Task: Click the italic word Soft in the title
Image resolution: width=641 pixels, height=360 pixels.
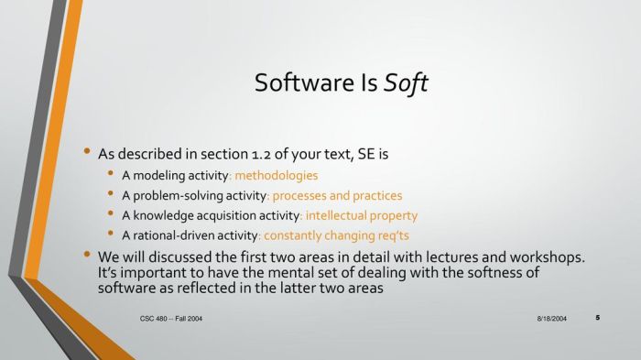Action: [x=407, y=83]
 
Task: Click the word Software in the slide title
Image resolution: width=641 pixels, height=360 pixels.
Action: [x=297, y=83]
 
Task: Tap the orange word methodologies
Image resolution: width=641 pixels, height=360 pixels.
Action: [x=277, y=174]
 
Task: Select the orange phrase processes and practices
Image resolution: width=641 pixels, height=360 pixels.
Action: [x=337, y=195]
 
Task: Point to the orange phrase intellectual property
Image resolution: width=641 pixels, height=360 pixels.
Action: [x=361, y=215]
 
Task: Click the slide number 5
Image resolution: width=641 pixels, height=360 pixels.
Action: [x=597, y=318]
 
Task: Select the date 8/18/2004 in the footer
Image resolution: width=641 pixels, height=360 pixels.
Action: [x=551, y=318]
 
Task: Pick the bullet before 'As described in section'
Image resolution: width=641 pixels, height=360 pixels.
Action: [x=87, y=151]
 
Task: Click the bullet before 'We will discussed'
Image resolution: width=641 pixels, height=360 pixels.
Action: [x=87, y=255]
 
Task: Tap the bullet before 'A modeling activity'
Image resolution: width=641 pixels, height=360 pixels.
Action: [x=111, y=173]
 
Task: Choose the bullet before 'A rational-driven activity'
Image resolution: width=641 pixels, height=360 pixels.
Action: [x=111, y=235]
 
